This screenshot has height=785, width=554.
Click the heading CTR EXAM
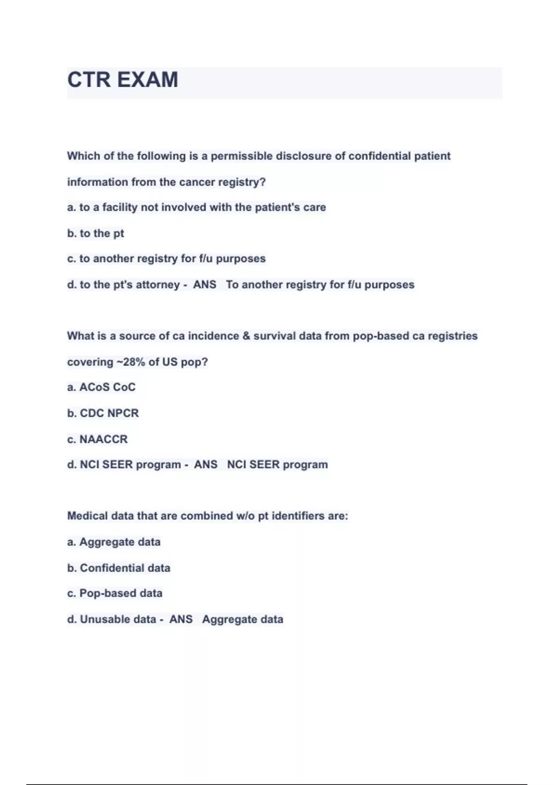point(123,79)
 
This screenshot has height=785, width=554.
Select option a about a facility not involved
point(196,207)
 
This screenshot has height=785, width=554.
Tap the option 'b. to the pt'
point(96,233)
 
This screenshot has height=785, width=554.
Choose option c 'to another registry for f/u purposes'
point(166,259)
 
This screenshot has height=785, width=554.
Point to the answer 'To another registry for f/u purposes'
point(320,284)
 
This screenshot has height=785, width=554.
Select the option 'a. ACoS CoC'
point(102,387)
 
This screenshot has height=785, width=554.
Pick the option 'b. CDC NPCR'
point(103,413)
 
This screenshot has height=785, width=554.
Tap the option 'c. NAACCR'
point(97,439)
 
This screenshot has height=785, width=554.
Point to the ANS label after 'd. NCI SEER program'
point(205,465)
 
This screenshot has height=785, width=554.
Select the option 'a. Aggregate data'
point(114,542)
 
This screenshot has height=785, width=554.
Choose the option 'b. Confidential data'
point(119,568)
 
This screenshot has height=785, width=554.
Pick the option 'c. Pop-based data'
point(115,593)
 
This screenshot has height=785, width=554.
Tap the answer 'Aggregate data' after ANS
point(242,619)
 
